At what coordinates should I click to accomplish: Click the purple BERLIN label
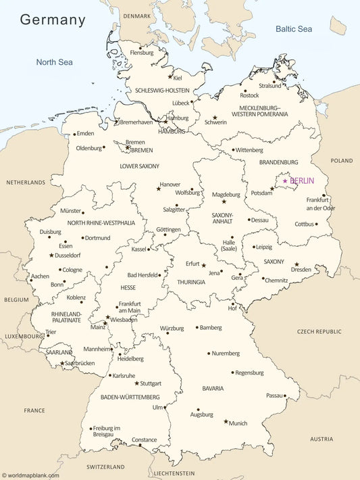pos(302,181)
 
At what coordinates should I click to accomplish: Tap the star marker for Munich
pos(226,421)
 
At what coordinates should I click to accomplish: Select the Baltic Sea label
pos(293,29)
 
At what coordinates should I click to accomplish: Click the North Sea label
pos(54,62)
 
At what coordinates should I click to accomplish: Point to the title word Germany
pos(53,20)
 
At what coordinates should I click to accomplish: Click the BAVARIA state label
pos(213,389)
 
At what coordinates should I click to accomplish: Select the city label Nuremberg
pos(226,354)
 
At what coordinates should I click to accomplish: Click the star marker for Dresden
pos(297,264)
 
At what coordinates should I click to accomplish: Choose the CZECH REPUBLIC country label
pos(319,332)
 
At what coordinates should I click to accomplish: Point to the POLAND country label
pos(342,161)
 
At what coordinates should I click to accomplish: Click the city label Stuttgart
pos(151,383)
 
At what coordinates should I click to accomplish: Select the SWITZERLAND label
pos(105,467)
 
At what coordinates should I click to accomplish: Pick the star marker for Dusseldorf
pos(51,256)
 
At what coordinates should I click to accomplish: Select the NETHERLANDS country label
pos(26,183)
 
